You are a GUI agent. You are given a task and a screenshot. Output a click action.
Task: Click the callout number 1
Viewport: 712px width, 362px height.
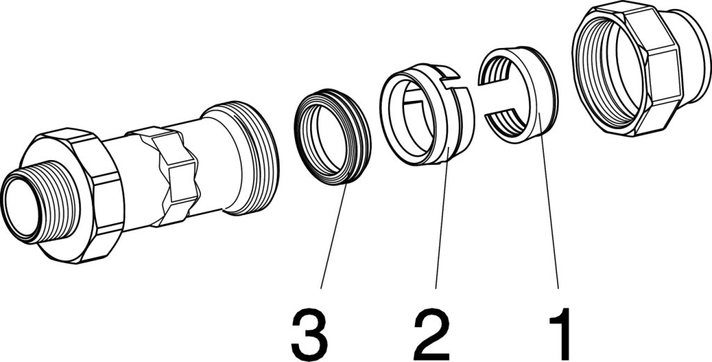560,333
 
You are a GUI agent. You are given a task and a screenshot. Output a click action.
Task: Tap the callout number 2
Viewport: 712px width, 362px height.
432,333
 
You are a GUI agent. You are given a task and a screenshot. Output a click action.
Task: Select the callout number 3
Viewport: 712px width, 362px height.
309,333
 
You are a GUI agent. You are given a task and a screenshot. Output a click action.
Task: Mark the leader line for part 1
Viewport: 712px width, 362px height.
549,200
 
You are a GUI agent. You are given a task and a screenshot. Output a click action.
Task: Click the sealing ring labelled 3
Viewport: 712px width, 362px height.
333,136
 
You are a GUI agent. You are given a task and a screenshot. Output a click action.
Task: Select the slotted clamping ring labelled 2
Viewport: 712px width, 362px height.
427,114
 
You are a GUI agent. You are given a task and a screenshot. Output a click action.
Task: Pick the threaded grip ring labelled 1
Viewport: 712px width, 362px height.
518,95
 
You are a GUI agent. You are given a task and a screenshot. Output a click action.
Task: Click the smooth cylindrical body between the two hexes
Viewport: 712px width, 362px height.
120,182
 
